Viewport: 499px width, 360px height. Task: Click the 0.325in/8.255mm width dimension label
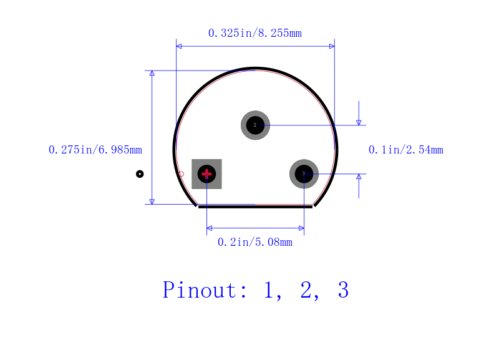[x=255, y=33]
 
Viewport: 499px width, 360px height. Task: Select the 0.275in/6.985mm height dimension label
[x=95, y=150]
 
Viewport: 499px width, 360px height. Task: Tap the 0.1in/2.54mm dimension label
[x=406, y=150]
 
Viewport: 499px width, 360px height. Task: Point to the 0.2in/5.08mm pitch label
[x=255, y=242]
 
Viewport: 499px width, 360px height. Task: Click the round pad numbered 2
[x=255, y=125]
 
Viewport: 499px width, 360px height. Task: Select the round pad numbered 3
[x=304, y=174]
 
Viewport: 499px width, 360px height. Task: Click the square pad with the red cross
[x=207, y=174]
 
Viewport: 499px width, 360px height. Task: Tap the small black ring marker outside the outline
[x=140, y=174]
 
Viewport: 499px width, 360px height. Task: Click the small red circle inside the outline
[x=181, y=174]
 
